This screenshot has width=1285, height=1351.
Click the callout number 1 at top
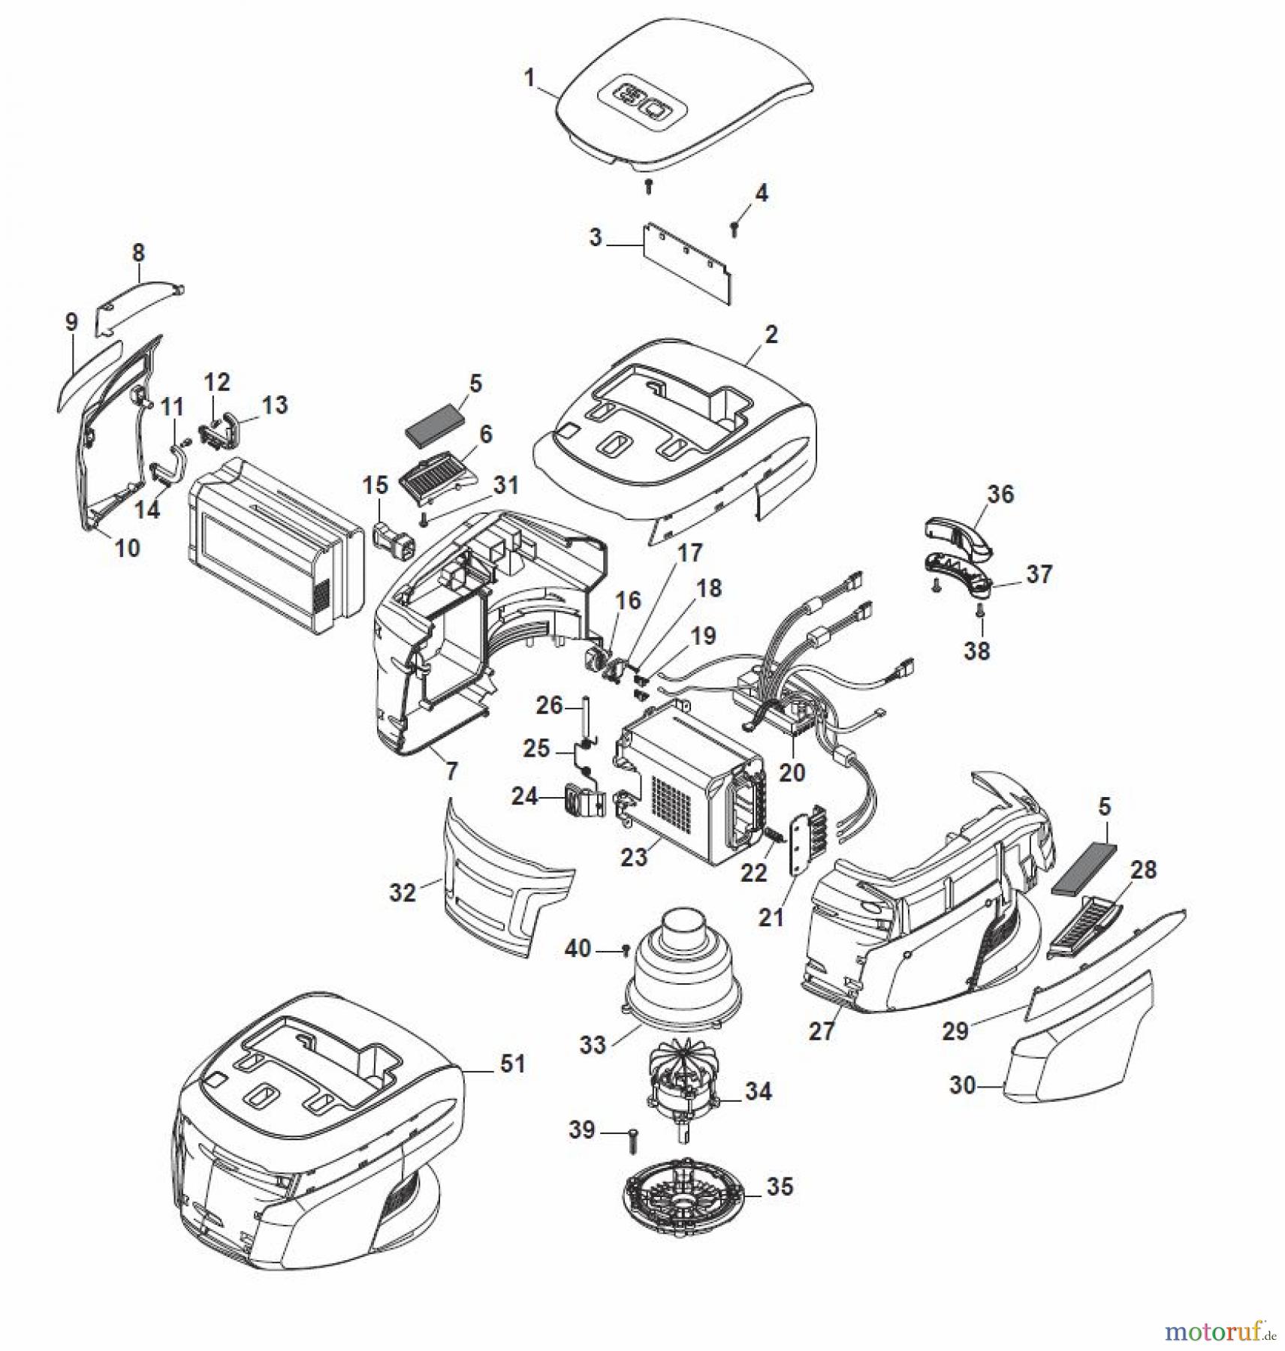point(529,78)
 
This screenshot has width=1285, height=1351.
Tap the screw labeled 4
point(735,228)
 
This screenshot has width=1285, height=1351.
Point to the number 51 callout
point(512,1064)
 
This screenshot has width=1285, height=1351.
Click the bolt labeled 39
point(632,1142)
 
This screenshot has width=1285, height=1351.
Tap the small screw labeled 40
point(625,951)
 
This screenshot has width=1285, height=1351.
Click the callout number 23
point(633,857)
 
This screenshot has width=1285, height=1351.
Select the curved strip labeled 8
point(141,297)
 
